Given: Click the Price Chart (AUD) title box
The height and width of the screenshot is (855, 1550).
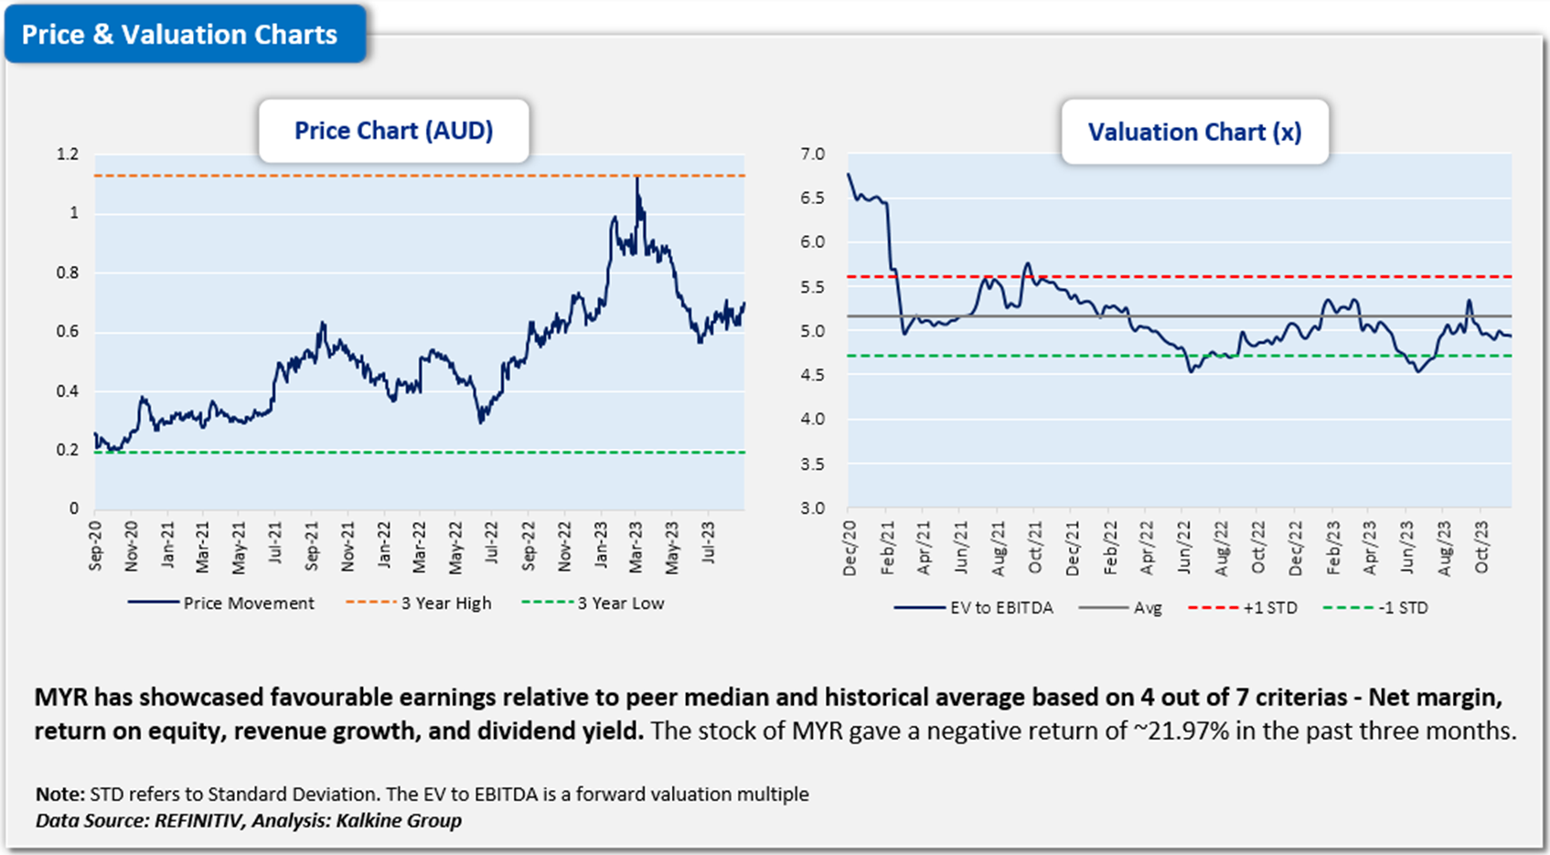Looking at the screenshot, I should coord(393,131).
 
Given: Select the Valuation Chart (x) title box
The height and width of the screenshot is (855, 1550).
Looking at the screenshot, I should coord(1194,133).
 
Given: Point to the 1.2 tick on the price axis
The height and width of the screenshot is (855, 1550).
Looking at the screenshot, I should coord(68,155).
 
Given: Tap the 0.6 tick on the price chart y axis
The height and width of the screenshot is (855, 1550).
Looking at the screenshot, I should coord(68,332).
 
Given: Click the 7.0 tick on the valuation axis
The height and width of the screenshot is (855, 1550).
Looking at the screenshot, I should coord(812,155).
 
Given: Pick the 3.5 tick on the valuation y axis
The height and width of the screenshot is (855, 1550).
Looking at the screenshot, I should coord(812,465).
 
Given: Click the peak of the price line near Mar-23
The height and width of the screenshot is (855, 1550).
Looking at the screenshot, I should coord(637,178).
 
